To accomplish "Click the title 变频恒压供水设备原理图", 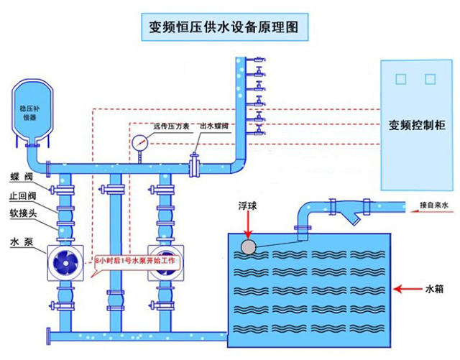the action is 224,27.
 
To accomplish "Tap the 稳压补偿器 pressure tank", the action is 32,111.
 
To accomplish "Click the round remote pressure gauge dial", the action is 140,143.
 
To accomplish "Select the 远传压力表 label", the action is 171,126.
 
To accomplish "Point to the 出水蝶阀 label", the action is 214,126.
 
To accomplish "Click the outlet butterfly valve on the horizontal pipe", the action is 194,165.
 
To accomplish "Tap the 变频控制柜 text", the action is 417,125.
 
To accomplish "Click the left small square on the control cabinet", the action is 401,79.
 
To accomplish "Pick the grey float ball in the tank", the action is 249,247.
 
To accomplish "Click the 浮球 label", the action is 247,206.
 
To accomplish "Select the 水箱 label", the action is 434,290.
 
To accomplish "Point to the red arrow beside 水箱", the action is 408,290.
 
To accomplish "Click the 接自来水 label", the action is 434,205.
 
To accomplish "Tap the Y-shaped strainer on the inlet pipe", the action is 351,211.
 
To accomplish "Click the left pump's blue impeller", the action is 65,263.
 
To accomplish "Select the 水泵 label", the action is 22,241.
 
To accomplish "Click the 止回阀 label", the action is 22,195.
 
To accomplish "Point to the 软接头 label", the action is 23,213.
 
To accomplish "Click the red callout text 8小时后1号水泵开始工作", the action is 135,261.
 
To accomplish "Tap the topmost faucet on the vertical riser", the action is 257,60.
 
